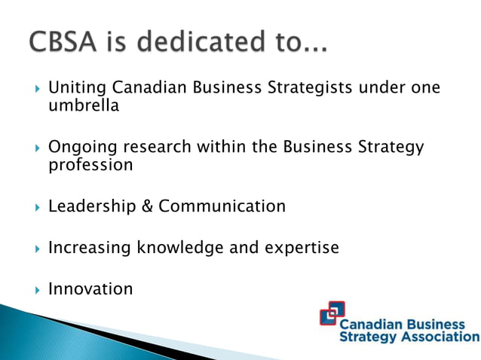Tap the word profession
[90, 164]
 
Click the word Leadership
[91, 206]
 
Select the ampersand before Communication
[147, 206]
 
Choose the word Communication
[222, 206]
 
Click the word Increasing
[90, 248]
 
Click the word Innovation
[90, 288]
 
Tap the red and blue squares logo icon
[332, 314]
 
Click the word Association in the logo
[440, 337]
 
